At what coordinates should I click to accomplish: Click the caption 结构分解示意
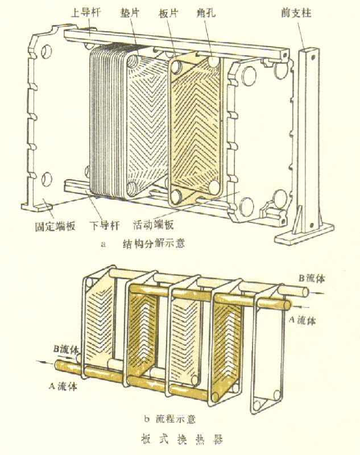(x=154, y=245)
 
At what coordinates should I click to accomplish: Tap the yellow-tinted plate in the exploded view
(x=197, y=131)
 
